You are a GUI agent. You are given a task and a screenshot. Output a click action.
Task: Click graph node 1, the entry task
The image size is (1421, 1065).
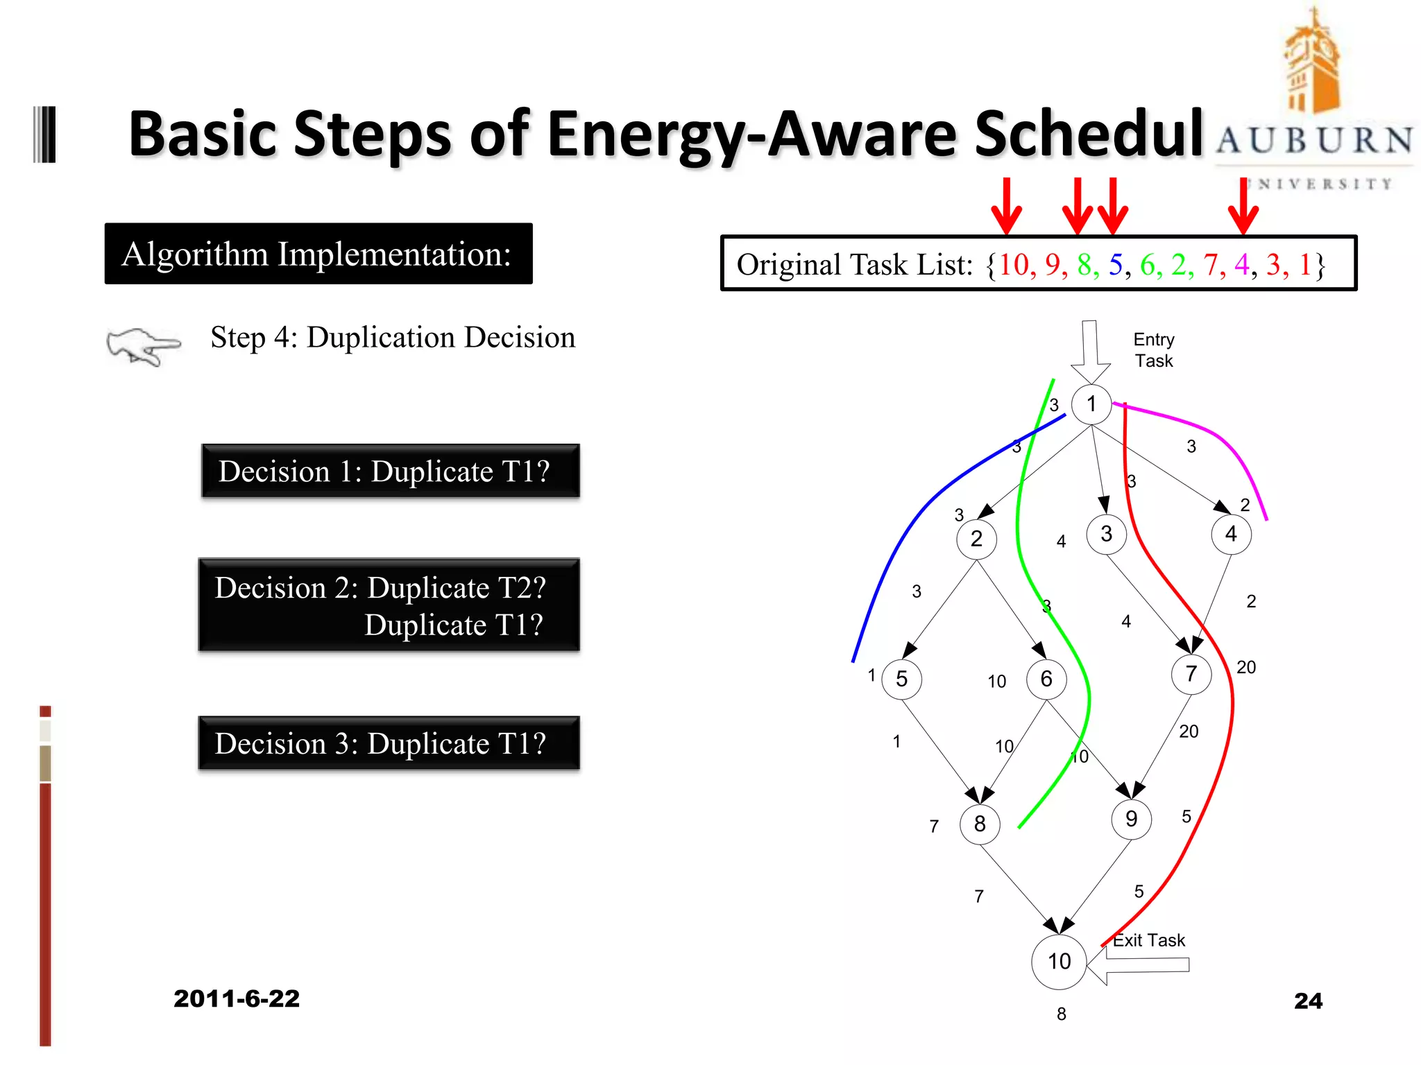pos(1091,404)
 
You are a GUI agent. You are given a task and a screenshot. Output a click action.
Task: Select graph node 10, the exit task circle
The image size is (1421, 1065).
pos(1059,962)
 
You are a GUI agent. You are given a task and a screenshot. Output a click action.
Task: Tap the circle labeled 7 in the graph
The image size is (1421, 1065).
pos(1191,674)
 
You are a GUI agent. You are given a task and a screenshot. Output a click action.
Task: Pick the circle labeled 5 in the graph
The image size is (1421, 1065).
pos(901,679)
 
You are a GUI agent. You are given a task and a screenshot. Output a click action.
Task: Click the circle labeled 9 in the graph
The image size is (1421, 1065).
pos(1131,820)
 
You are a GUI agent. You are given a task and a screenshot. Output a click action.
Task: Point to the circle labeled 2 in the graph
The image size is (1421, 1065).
pos(976,539)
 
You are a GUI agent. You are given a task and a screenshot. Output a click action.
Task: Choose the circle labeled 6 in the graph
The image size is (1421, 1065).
pos(1046,679)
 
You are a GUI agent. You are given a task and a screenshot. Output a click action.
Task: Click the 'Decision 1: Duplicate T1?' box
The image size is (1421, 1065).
pos(391,471)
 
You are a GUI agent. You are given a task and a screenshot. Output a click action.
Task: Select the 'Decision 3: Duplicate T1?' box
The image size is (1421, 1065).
pos(389,743)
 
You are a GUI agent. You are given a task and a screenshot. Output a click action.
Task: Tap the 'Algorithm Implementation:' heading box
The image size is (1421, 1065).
pos(318,254)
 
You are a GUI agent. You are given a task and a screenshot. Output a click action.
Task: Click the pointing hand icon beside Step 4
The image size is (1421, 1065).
pos(143,345)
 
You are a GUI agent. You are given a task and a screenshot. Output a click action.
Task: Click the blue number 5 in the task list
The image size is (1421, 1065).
pos(1115,265)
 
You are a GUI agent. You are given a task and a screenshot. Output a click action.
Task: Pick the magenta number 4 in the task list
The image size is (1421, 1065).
pos(1241,265)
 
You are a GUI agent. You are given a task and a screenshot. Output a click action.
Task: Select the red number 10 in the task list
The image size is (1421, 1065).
pos(1014,265)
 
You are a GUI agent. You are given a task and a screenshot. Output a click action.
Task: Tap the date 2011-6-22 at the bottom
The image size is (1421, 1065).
pos(237,998)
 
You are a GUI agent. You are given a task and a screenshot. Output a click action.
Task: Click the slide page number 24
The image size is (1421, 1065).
pos(1308,1001)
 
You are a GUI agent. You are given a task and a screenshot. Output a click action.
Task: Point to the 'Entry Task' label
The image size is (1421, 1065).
pos(1154,350)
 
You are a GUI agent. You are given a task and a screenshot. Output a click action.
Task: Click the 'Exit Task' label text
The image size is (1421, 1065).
pos(1149,940)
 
